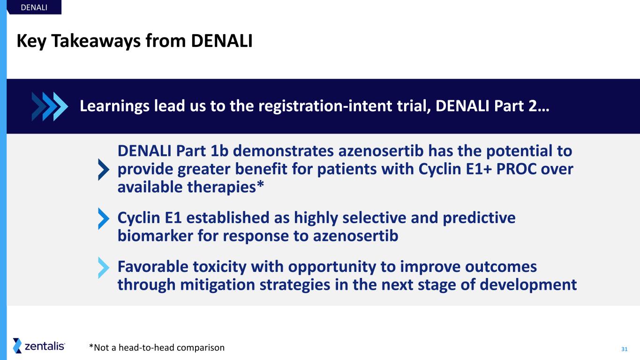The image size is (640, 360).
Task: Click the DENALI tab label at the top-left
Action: [x=34, y=7]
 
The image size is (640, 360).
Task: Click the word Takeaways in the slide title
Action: [x=96, y=41]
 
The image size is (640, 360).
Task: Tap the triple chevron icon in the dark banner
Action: [x=50, y=106]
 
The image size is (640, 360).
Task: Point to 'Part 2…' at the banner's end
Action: [x=521, y=106]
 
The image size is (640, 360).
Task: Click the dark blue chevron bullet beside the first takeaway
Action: [x=104, y=169]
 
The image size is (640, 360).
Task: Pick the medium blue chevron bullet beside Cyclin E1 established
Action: [x=104, y=218]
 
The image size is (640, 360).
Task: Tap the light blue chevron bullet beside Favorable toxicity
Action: [x=104, y=268]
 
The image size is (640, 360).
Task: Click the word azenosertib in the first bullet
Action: [x=381, y=151]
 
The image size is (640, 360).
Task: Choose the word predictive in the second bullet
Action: [x=479, y=218]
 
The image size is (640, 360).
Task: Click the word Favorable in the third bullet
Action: [x=153, y=267]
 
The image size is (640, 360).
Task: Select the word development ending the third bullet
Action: [x=528, y=285]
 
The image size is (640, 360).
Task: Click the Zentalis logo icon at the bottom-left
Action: [x=17, y=346]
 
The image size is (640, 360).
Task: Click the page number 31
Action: [x=624, y=349]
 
